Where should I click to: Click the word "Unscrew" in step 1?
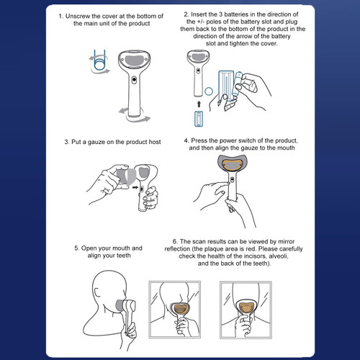click(81, 15)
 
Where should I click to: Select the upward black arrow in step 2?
click(199, 104)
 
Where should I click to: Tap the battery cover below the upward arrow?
click(199, 120)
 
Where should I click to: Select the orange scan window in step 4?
click(231, 168)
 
